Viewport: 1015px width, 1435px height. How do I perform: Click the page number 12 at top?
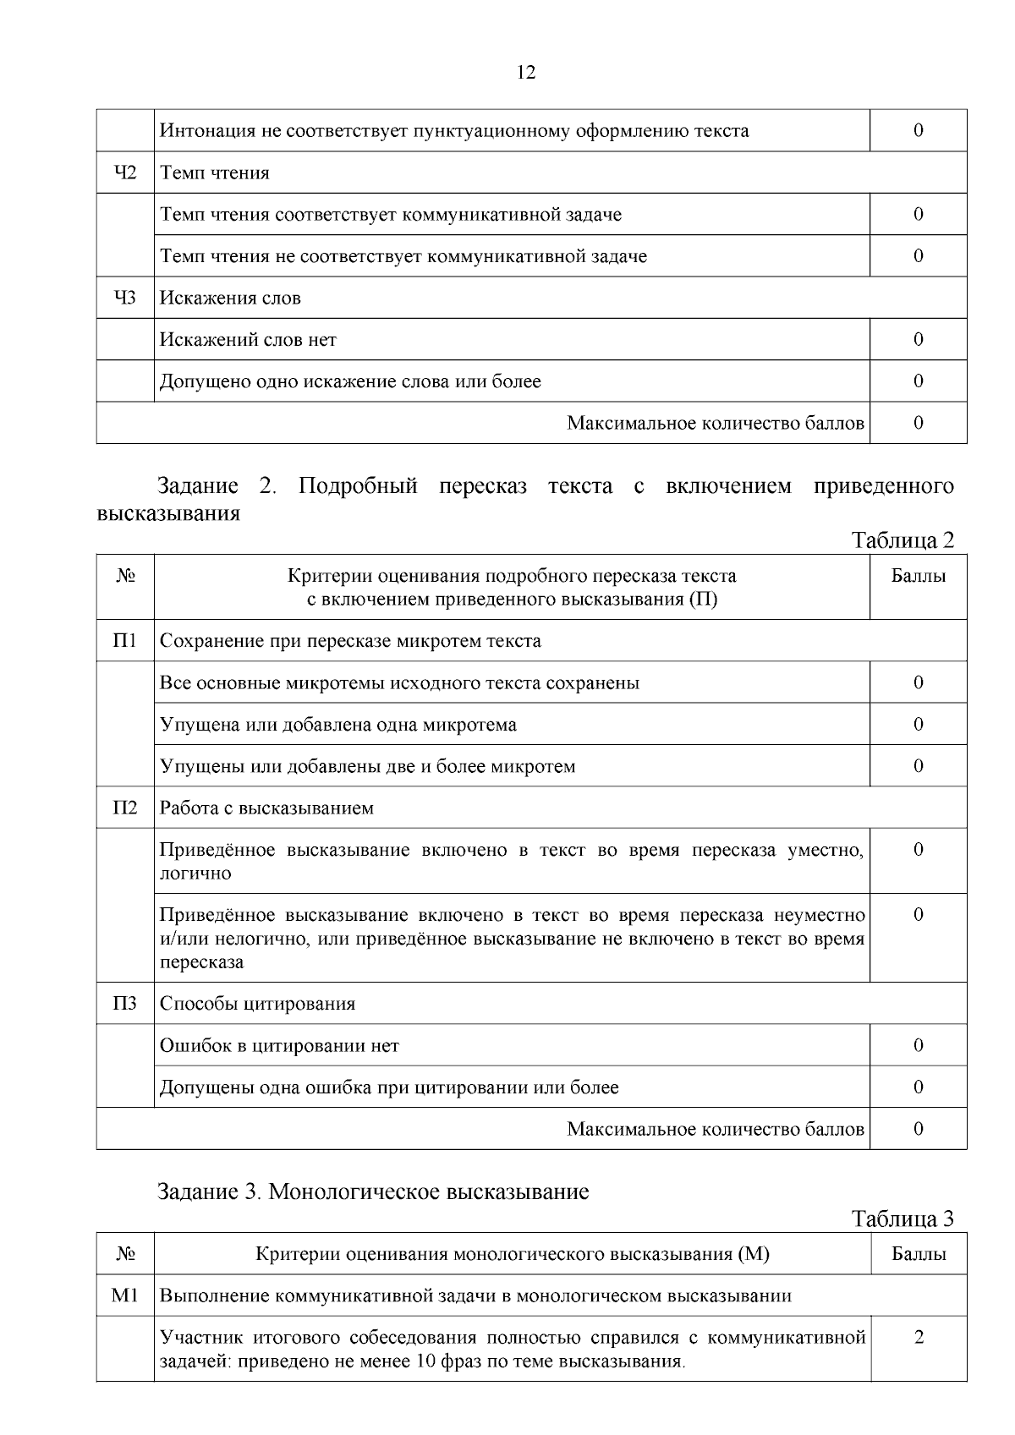(x=525, y=73)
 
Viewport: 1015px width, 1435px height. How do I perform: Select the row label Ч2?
(x=125, y=173)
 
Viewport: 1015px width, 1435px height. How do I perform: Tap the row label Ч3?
(x=125, y=298)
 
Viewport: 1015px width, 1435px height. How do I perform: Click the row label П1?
(x=125, y=641)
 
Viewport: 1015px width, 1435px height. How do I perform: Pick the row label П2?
(x=125, y=808)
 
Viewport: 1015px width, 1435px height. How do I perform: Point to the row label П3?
(x=125, y=1004)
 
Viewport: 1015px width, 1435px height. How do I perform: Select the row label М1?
(x=125, y=1295)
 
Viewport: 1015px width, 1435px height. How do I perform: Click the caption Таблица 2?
(x=903, y=540)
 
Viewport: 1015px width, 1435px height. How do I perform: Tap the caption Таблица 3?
(x=903, y=1219)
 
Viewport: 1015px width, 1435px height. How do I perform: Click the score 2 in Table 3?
(x=919, y=1338)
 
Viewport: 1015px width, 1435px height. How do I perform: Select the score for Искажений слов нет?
(x=919, y=340)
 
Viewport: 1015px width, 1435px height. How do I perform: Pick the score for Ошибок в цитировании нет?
(x=919, y=1046)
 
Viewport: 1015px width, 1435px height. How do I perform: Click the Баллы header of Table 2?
(x=919, y=577)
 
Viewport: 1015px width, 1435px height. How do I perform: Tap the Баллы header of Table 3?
(x=919, y=1254)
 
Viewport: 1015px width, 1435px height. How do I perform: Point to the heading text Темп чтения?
(x=215, y=173)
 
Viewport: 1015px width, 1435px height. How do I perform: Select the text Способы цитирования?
(x=257, y=1005)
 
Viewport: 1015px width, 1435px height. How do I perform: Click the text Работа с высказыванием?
(x=266, y=808)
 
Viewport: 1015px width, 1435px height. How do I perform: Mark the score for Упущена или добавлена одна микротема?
(x=919, y=725)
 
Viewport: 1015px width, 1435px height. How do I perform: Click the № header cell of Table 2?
(x=125, y=577)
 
